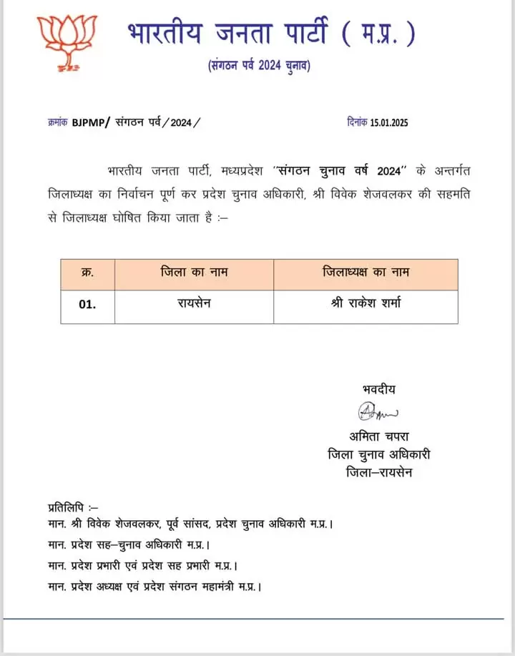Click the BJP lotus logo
tap(67, 42)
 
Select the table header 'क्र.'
tap(87, 273)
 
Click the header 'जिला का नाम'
tap(194, 273)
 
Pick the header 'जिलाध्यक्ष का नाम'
tap(366, 273)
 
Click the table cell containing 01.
tap(87, 303)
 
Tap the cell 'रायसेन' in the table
tap(194, 303)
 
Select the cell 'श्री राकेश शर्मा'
tap(366, 303)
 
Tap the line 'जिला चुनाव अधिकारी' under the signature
tap(379, 454)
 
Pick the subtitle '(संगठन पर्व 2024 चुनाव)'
tap(259, 66)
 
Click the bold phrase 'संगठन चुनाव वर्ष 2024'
tap(338, 172)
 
